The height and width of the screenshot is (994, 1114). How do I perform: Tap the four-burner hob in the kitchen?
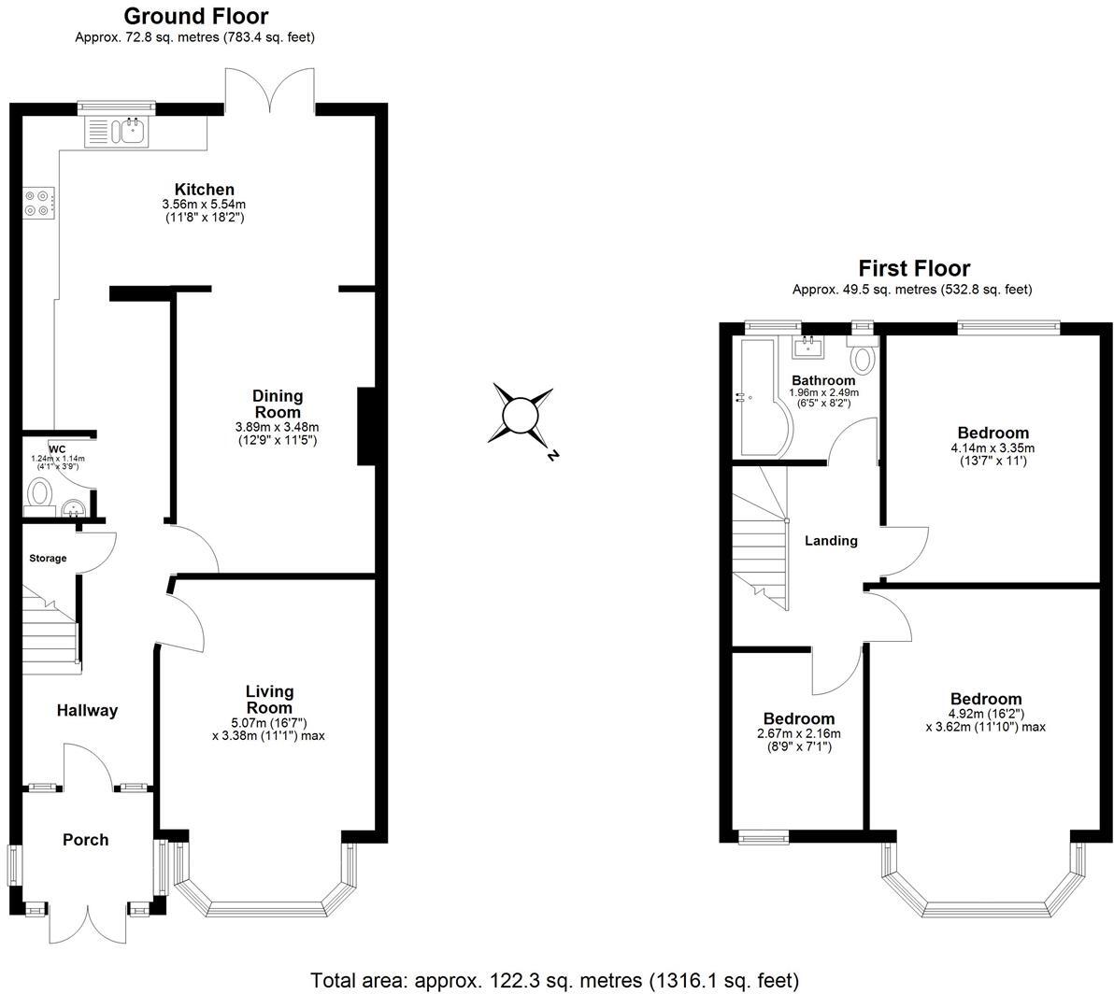38,203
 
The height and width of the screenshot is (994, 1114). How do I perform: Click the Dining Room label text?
278,405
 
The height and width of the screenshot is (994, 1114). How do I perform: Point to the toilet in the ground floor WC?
39,491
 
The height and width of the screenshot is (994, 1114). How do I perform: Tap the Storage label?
48,559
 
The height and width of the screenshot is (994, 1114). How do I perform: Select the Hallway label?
87,711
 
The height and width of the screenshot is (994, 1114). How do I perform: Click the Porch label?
85,840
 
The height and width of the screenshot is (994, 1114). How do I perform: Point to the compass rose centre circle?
519,414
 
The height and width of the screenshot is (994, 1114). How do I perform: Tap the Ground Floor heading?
195,16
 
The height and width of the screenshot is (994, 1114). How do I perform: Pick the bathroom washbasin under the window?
808,348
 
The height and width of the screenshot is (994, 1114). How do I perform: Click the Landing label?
831,541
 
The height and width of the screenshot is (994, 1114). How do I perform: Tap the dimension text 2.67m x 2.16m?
798,733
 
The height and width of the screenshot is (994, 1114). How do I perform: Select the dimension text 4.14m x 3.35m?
993,447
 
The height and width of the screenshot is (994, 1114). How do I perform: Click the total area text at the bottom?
555,980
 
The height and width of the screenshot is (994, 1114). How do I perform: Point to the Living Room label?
269,700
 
